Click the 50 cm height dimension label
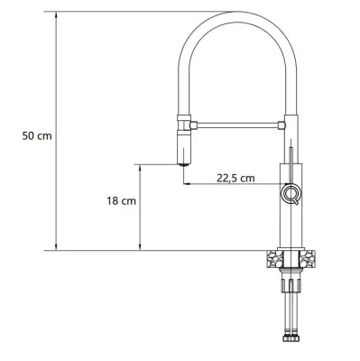pos(37,135)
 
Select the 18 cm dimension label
pos(122,200)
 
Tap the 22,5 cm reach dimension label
pos(235,178)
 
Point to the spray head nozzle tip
pos(183,164)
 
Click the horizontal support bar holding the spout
pos(237,125)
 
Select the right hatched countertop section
pos(307,258)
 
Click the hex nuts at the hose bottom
pos(291,337)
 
